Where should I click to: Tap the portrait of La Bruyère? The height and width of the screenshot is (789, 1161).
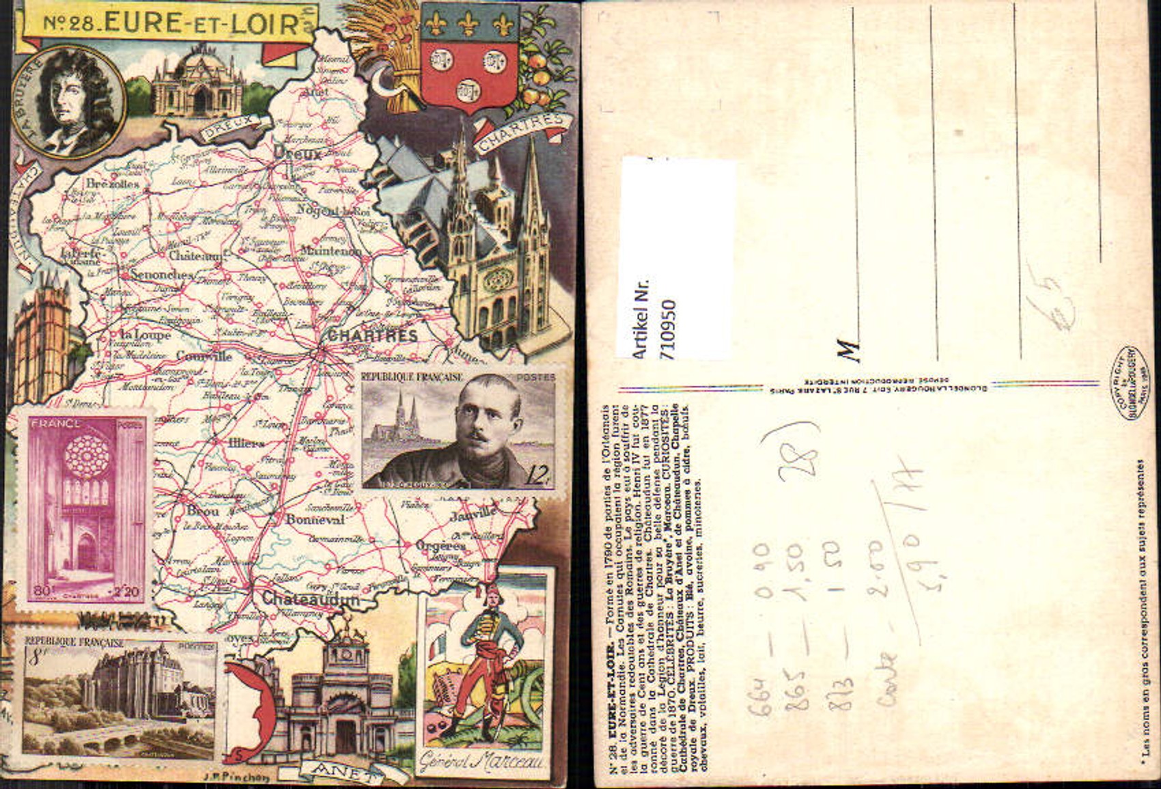[68, 101]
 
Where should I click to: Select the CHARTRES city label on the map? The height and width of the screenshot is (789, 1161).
[372, 335]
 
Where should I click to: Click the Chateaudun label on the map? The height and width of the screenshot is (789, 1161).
[311, 599]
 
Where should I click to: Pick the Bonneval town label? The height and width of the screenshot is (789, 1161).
[315, 519]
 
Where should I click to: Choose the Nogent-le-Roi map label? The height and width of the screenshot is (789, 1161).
[333, 211]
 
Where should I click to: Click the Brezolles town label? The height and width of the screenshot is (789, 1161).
[113, 183]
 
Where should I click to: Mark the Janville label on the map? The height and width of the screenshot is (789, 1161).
[473, 512]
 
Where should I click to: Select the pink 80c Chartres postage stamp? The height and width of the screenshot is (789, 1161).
[85, 510]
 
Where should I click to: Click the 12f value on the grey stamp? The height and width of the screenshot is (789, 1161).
[539, 474]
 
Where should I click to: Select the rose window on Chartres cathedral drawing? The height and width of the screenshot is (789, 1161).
[498, 279]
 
